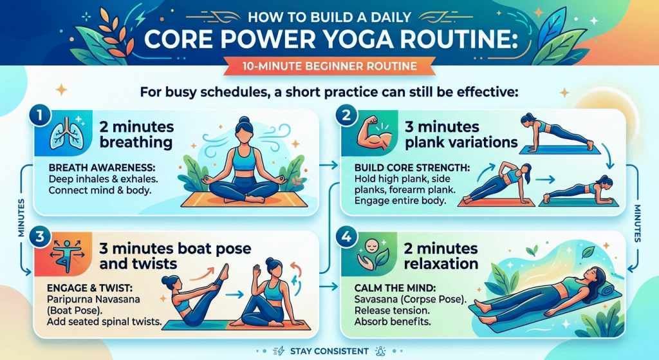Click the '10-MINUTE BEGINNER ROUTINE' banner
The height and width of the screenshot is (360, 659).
[x=328, y=66]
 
